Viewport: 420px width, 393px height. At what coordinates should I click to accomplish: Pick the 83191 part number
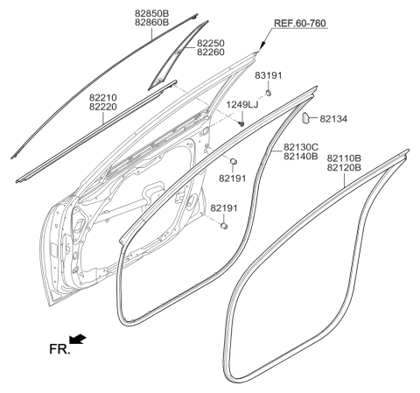pyautogui.click(x=269, y=76)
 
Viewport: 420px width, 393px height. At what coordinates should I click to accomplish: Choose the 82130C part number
pyautogui.click(x=303, y=148)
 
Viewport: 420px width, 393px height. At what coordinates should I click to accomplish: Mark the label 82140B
pyautogui.click(x=303, y=158)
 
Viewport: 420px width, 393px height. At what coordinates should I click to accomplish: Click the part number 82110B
pyautogui.click(x=346, y=158)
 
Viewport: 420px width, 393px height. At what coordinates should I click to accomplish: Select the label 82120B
pyautogui.click(x=346, y=168)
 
